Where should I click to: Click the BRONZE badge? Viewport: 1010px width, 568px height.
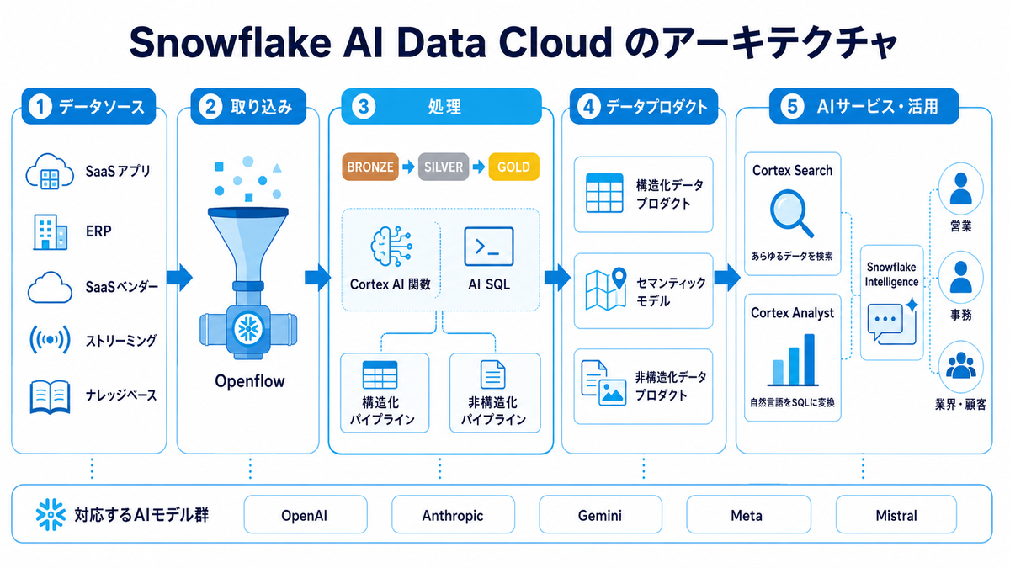370,167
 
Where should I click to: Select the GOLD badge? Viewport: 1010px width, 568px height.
513,167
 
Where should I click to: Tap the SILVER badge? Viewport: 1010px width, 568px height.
444,167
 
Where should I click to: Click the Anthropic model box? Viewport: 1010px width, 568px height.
453,515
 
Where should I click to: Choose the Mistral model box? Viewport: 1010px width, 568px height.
896,515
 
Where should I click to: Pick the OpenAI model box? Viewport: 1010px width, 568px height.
306,515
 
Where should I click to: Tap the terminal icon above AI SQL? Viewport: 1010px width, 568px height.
489,247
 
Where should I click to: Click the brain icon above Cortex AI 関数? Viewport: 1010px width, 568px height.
391,246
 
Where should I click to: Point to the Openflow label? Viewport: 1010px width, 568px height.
250,381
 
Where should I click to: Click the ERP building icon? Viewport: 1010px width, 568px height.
50,231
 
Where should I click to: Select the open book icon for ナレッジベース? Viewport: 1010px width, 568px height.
50,396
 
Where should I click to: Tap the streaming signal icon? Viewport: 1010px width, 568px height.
50,339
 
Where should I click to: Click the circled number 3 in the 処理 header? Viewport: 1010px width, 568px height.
363,107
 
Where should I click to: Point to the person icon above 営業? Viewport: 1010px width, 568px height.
960,188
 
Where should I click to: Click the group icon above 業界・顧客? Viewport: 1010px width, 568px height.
960,365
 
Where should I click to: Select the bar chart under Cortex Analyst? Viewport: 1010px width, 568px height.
793,360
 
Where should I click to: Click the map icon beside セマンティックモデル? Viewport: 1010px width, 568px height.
605,289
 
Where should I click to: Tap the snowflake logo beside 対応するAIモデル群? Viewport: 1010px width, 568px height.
50,514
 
